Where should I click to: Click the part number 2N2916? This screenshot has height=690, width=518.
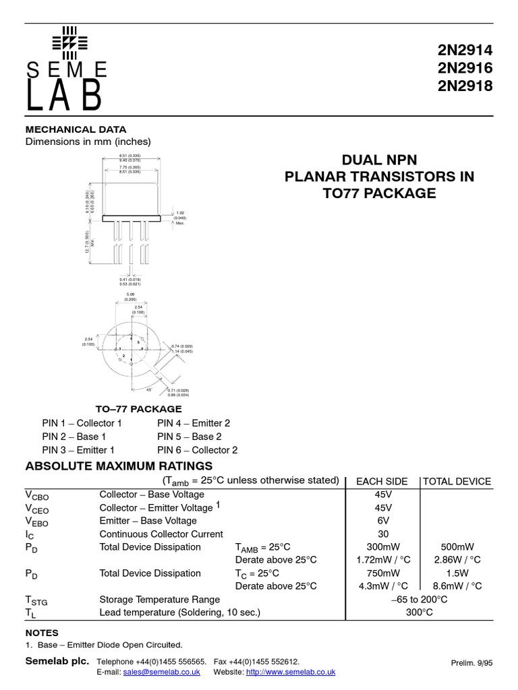point(466,68)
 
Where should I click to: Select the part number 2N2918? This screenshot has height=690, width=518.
point(466,86)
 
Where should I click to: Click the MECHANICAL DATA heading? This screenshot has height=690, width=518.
point(76,129)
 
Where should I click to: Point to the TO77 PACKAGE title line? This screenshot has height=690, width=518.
point(380,193)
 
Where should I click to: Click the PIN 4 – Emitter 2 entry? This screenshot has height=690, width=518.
point(194,423)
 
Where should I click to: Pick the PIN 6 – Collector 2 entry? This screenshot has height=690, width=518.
point(197,450)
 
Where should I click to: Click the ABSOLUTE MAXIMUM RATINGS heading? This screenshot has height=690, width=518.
point(119,466)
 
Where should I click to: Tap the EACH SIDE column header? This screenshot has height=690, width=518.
point(382,481)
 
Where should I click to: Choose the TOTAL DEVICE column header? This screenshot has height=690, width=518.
point(457,481)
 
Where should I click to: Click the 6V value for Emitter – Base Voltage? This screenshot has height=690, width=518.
point(382,521)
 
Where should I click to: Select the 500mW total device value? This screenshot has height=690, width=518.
point(457,547)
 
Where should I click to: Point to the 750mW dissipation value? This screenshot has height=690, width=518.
point(382,573)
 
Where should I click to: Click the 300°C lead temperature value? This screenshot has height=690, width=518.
point(420,613)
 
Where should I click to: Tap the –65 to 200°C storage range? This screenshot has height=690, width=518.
point(420,600)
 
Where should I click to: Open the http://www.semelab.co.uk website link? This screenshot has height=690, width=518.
point(291,672)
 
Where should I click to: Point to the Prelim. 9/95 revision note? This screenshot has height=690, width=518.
point(471,663)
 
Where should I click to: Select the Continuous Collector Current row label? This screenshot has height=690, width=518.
point(161,534)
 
